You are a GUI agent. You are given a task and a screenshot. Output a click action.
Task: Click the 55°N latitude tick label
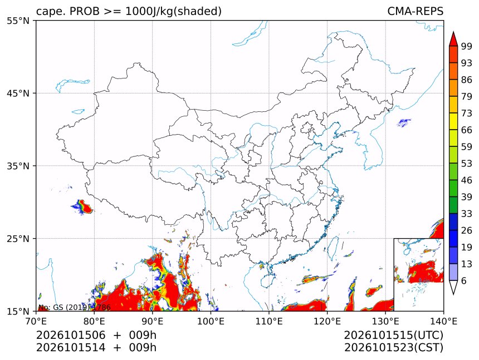tap(18, 21)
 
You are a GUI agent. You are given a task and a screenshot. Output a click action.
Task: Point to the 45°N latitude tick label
tap(18, 93)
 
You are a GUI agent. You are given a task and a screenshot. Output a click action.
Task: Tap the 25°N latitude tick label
tap(18, 238)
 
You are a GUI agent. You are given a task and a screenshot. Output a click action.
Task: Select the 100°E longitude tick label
tap(211, 321)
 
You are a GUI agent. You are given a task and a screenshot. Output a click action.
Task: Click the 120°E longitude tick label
tap(327, 321)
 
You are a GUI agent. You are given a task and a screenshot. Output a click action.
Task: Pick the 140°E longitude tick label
tap(443, 321)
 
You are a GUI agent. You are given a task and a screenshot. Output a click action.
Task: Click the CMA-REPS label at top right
tap(415, 11)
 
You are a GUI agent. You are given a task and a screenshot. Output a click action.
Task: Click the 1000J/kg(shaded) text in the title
tap(174, 12)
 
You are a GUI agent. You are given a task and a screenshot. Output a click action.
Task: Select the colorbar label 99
tap(467, 46)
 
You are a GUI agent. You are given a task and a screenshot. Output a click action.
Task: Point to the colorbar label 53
tap(467, 164)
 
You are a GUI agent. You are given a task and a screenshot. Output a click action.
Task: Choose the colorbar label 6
tap(464, 280)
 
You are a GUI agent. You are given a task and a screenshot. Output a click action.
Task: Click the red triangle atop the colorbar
tap(453, 39)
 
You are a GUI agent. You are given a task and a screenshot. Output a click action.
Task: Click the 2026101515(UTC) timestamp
tap(393, 335)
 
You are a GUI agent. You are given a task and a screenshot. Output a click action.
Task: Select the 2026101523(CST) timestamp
tap(393, 348)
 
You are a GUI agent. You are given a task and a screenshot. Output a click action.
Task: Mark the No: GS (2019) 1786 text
tap(75, 307)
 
